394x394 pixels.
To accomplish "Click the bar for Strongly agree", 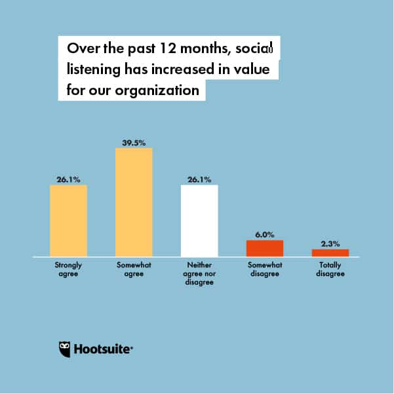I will click(x=68, y=220).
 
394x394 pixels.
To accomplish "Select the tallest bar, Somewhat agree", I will click(x=134, y=202).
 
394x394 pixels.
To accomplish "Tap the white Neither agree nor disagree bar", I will click(x=199, y=220).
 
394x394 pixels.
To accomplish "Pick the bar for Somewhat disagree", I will click(x=264, y=248).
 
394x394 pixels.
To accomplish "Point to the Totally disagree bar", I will click(x=330, y=253).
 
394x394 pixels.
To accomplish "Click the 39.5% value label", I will click(x=134, y=142).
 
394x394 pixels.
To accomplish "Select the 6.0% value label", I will click(x=264, y=234).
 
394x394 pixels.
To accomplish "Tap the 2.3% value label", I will click(x=330, y=243).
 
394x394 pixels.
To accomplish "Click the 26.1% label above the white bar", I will click(x=199, y=179).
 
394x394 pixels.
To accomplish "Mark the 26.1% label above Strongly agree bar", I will click(x=68, y=179).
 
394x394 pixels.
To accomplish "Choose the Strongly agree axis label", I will click(x=68, y=269).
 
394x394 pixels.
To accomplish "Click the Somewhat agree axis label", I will click(x=134, y=269).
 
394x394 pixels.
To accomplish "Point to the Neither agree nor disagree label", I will click(x=199, y=273).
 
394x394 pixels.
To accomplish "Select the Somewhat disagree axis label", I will click(x=264, y=269).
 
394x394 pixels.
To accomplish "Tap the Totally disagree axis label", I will click(x=330, y=269).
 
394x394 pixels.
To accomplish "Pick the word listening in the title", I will click(x=94, y=69).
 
